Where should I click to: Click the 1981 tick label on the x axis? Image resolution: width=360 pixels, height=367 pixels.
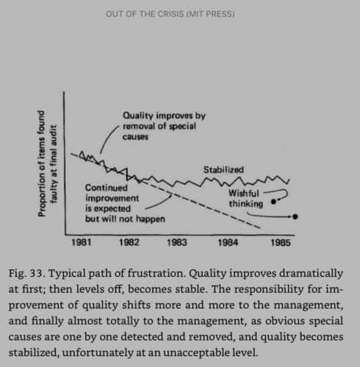click(x=82, y=242)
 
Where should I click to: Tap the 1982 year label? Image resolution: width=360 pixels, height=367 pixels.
click(x=129, y=242)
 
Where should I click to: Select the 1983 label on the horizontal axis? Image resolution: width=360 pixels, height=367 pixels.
click(x=177, y=242)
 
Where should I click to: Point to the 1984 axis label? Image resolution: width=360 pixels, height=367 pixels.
click(x=228, y=242)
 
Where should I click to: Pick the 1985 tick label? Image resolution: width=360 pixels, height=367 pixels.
click(x=281, y=242)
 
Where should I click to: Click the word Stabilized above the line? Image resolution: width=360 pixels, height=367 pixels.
click(x=223, y=170)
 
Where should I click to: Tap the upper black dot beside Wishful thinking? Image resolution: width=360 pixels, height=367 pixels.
click(x=274, y=202)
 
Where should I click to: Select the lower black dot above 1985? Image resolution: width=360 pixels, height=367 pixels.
click(x=295, y=217)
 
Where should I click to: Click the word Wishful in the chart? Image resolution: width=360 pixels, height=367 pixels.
click(x=244, y=193)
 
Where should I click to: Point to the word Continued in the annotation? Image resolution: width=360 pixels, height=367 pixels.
click(x=107, y=188)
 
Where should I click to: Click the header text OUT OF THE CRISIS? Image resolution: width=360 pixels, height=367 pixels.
click(x=145, y=14)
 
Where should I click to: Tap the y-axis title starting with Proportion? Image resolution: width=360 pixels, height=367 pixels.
click(x=41, y=164)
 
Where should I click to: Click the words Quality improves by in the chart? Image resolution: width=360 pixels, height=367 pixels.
click(x=164, y=115)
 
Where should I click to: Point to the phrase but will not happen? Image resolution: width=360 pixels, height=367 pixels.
click(x=125, y=219)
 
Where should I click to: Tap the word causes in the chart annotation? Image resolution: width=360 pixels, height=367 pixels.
click(x=135, y=137)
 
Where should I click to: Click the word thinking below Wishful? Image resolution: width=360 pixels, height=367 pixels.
click(x=246, y=204)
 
